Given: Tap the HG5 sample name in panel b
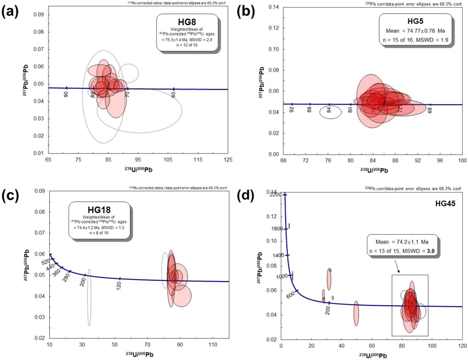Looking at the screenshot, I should tap(419, 21).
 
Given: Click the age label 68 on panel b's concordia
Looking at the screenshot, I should tap(430, 109).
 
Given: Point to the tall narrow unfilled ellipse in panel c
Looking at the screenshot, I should tap(89, 297).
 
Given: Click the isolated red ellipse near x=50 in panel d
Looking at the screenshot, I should tap(356, 313).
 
